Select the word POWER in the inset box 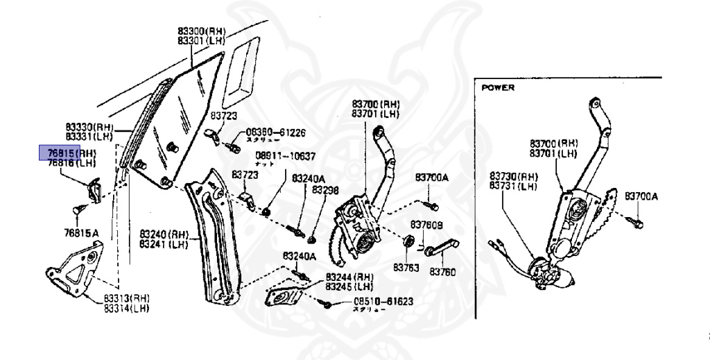click(x=498, y=88)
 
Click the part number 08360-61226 click(x=275, y=132)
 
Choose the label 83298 click(x=324, y=189)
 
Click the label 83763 click(x=407, y=267)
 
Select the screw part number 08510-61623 click(x=383, y=302)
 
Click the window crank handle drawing click(x=438, y=252)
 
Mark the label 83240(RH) click(x=163, y=234)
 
